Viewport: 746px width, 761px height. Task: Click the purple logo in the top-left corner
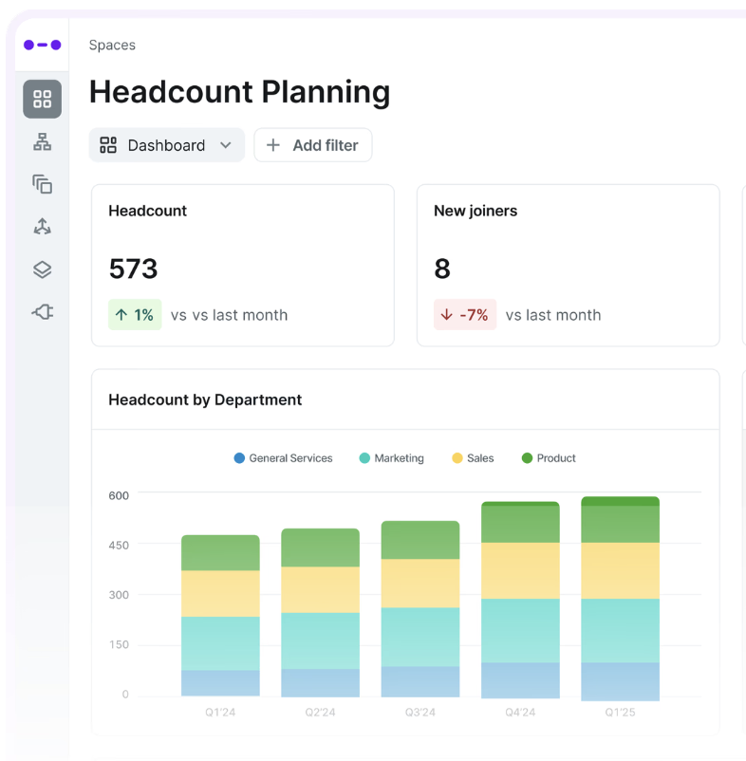coord(42,46)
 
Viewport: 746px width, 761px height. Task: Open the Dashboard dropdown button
coord(166,145)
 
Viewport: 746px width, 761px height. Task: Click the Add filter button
coord(313,145)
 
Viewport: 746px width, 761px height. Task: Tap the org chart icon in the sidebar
coord(42,141)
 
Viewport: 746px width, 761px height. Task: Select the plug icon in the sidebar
coord(42,311)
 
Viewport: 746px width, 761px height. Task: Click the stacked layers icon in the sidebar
coord(42,269)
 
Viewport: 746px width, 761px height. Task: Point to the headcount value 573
coord(134,269)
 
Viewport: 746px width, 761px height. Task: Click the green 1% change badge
coord(135,314)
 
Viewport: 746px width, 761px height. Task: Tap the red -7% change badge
coord(465,314)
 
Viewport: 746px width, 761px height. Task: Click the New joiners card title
coord(476,211)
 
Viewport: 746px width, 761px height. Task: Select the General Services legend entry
coord(283,458)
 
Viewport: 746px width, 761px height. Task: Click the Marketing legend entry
coord(391,458)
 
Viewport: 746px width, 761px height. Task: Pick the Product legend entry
coord(549,458)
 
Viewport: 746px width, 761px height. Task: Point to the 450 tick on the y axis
coord(119,545)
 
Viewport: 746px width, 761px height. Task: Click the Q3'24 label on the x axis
coord(420,712)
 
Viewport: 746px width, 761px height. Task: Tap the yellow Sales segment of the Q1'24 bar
coord(220,594)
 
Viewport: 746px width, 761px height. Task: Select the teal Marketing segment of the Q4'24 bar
coord(520,630)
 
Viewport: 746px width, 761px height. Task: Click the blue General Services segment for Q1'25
coord(621,681)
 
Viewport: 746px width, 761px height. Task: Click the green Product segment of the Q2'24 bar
coord(321,548)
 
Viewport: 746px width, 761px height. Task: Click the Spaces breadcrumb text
coord(112,46)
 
